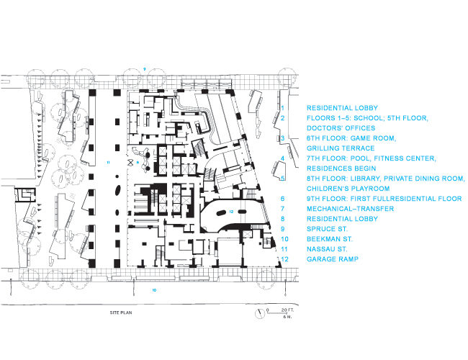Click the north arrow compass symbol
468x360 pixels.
tap(260, 314)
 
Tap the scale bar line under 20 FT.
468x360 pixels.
tap(277, 313)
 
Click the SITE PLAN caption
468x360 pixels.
tap(121, 312)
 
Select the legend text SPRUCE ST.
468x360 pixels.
tap(327, 229)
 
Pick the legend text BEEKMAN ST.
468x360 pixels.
tap(330, 239)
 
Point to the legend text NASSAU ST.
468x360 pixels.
tap(327, 249)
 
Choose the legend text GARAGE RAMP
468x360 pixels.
tap(333, 259)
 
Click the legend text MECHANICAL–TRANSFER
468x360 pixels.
tap(351, 209)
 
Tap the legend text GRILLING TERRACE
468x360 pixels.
tap(341, 148)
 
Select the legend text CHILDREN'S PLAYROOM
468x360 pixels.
tap(348, 189)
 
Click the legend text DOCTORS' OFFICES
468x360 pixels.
tap(341, 128)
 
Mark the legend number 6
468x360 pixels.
tap(282, 199)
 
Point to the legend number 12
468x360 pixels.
tap(284, 259)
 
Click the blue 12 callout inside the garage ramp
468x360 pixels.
tap(231, 212)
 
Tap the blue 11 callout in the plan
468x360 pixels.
tap(108, 163)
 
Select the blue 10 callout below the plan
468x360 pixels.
tap(154, 290)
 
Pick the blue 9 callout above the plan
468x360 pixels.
tap(144, 69)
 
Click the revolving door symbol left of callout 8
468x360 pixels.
tap(131, 163)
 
